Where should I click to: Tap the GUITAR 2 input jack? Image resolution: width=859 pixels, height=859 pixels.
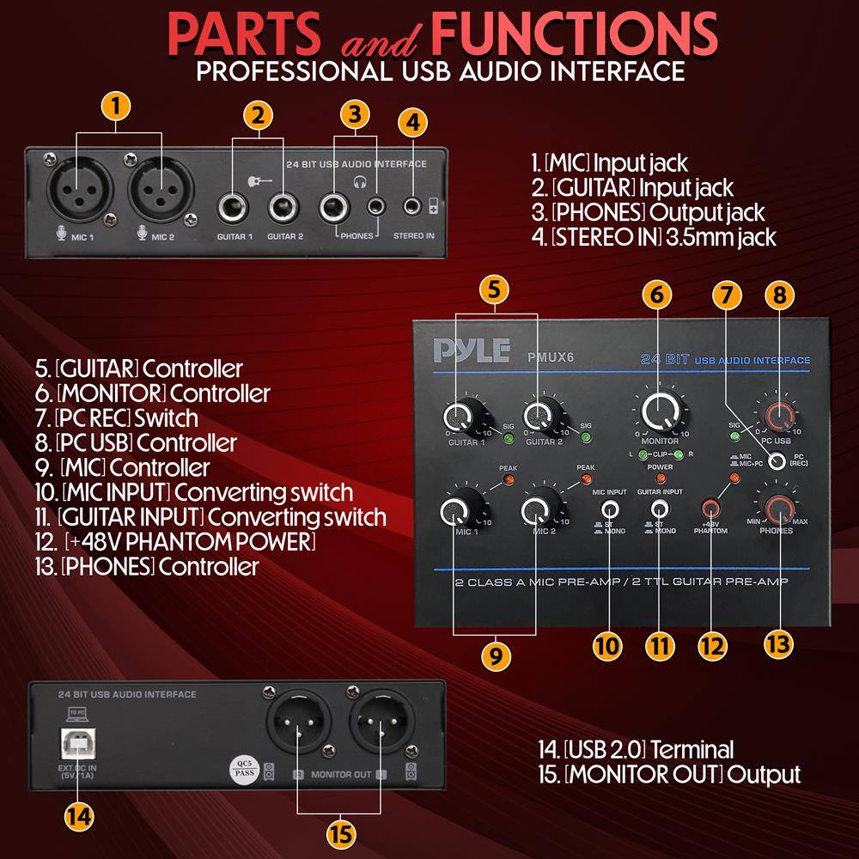(282, 207)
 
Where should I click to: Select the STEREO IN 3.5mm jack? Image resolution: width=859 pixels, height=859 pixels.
(414, 206)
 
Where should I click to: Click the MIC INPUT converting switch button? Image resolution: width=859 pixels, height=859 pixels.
(611, 508)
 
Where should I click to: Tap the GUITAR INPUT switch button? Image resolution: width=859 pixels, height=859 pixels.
(659, 508)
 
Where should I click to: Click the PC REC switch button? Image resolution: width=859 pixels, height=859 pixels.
(777, 460)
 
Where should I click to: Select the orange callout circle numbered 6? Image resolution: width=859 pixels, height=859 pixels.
(657, 293)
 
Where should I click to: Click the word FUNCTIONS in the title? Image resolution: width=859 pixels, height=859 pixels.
(574, 32)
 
